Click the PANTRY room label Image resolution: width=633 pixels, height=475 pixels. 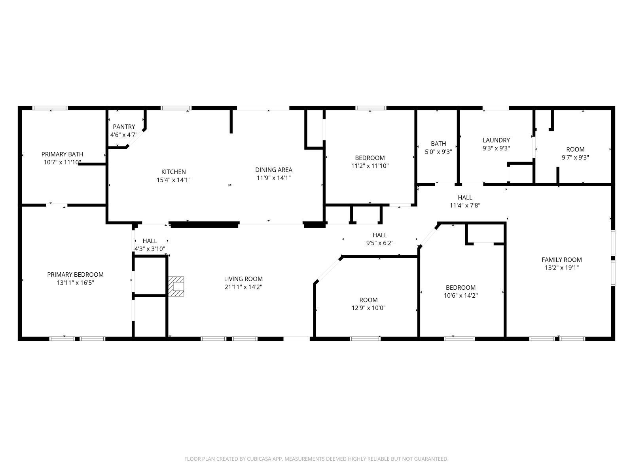[124, 127]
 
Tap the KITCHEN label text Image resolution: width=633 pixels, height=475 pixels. [173, 172]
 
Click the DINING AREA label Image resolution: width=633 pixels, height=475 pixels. [273, 170]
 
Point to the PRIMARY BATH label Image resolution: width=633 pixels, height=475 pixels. [62, 154]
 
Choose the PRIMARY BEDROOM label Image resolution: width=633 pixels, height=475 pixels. [75, 275]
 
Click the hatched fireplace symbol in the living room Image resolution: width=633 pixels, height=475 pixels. [177, 286]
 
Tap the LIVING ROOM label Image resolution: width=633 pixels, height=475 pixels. [243, 279]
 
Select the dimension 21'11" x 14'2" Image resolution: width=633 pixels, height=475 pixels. [243, 287]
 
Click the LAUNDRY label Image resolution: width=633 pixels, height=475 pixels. [496, 140]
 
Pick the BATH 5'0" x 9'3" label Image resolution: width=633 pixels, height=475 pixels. [438, 147]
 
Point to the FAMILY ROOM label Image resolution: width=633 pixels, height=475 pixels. [561, 260]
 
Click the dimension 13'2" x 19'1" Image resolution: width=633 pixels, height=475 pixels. [561, 268]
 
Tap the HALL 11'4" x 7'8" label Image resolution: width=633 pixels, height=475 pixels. [465, 201]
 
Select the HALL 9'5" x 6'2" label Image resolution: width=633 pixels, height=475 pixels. [380, 239]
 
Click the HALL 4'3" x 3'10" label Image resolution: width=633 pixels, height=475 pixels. [150, 245]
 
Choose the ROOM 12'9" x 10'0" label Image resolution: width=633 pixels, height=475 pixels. [368, 304]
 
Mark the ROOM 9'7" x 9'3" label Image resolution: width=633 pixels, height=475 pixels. [575, 153]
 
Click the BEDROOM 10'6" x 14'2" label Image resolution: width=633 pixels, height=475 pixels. [461, 292]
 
